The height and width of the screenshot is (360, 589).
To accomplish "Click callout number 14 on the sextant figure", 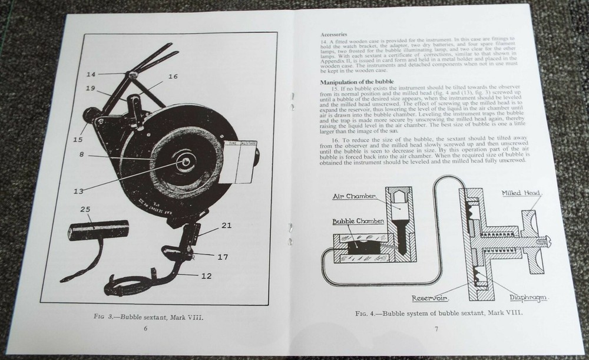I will coord(90,74).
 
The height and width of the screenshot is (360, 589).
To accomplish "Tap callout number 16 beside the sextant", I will coord(173,76).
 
